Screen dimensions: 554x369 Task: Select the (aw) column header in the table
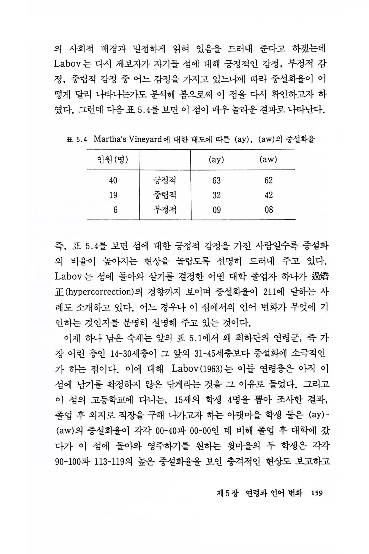point(268,160)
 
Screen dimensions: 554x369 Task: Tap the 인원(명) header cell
point(113,160)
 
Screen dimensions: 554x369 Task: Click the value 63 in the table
point(216,180)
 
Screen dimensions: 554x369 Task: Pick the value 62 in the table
point(268,180)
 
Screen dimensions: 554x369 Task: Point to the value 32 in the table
point(216,195)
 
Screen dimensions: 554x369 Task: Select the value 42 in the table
point(268,195)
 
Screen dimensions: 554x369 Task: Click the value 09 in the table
point(216,210)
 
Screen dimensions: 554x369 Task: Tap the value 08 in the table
point(268,210)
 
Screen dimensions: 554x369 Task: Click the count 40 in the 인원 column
point(113,180)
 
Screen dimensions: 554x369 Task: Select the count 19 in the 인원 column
point(113,195)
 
